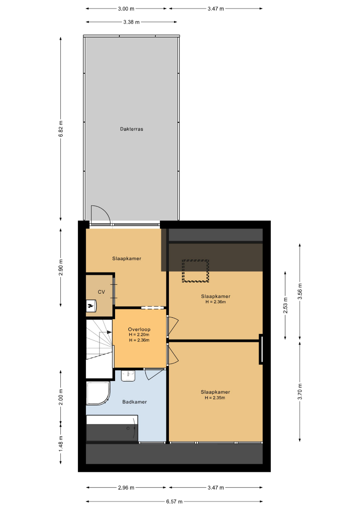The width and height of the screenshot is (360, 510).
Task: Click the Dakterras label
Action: [x=132, y=129]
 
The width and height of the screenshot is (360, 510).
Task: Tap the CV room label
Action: [x=101, y=292]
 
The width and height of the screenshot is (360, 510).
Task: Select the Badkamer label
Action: [x=134, y=402]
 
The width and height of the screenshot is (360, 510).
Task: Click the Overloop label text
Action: [x=139, y=330]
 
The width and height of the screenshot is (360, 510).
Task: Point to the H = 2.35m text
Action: [x=215, y=398]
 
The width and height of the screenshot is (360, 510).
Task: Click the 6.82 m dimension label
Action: [x=61, y=129]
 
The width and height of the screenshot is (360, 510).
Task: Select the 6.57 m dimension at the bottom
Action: [x=174, y=501]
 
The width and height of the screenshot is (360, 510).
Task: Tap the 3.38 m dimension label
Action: [x=131, y=22]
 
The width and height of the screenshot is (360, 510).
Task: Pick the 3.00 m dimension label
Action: [x=126, y=9]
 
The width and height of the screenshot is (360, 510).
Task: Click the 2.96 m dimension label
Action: [x=126, y=487]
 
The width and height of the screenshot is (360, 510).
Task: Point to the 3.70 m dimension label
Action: [x=300, y=391]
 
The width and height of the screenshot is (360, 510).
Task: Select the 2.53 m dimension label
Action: [x=285, y=306]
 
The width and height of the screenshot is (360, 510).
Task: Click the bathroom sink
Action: [x=129, y=375]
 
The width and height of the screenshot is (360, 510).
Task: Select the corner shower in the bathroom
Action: [x=98, y=393]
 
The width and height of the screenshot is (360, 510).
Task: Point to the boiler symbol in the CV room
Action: [x=92, y=306]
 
